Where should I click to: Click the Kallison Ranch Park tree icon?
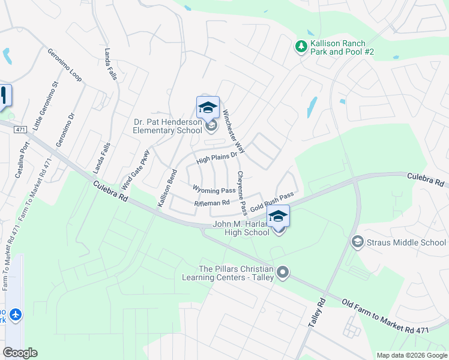[301, 46]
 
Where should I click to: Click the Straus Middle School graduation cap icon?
[357, 242]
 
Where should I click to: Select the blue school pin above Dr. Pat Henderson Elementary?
[208, 108]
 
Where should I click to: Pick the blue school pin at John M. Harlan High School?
[278, 217]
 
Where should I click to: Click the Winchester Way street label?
[234, 130]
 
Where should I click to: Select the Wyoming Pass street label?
[214, 190]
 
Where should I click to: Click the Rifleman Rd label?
[212, 203]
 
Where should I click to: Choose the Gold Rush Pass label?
[272, 202]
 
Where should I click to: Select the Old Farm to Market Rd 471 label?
[396, 321]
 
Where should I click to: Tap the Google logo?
[20, 353]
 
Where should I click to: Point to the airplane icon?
[15, 314]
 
